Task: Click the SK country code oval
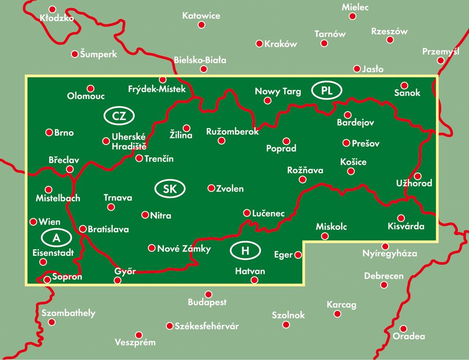pyautogui.click(x=170, y=189)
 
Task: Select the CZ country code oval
pyautogui.click(x=120, y=116)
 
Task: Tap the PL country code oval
pyautogui.click(x=327, y=91)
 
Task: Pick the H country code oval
pyautogui.click(x=245, y=251)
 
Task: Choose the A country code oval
pyautogui.click(x=56, y=238)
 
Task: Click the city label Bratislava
pyautogui.click(x=108, y=230)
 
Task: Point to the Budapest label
pyautogui.click(x=207, y=302)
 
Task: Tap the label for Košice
pyautogui.click(x=353, y=162)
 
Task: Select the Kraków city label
pyautogui.click(x=281, y=44)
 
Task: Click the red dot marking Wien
pyautogui.click(x=33, y=222)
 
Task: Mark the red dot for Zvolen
pyautogui.click(x=211, y=188)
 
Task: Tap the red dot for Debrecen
pyautogui.click(x=384, y=285)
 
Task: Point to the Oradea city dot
pyautogui.click(x=403, y=329)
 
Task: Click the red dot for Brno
pyautogui.click(x=49, y=133)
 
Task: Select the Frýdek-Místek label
pyautogui.click(x=157, y=89)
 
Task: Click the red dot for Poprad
pyautogui.click(x=286, y=141)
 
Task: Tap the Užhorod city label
pyautogui.click(x=414, y=183)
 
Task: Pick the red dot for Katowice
pyautogui.click(x=202, y=25)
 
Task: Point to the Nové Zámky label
pyautogui.click(x=184, y=249)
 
